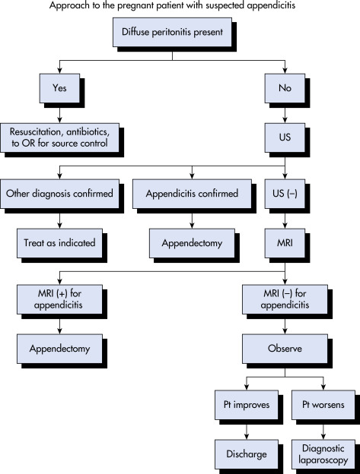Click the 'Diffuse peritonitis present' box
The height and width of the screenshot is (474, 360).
pyautogui.click(x=172, y=32)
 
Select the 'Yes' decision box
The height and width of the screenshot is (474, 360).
pyautogui.click(x=59, y=88)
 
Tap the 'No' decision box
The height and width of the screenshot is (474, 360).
pyautogui.click(x=285, y=88)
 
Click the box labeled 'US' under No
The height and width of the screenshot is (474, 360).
pyautogui.click(x=285, y=137)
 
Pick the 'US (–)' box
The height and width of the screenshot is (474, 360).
pyautogui.click(x=285, y=194)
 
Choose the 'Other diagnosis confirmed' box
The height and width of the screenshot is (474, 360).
pyautogui.click(x=59, y=194)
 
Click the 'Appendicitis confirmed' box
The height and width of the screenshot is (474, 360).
pyautogui.click(x=192, y=194)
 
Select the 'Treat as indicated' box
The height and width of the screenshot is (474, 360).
pyautogui.click(x=59, y=243)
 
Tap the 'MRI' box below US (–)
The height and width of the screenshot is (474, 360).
pyautogui.click(x=285, y=243)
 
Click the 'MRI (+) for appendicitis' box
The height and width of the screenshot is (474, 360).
pyautogui.click(x=59, y=299)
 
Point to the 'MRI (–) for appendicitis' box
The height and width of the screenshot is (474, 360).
pyautogui.click(x=285, y=299)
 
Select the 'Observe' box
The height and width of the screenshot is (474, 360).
pyautogui.click(x=285, y=349)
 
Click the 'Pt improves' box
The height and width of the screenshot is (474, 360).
pyautogui.click(x=247, y=405)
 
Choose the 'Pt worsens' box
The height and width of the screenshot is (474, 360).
pyautogui.click(x=323, y=405)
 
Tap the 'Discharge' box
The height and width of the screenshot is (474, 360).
pyautogui.click(x=247, y=454)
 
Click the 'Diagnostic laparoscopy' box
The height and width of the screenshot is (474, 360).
pyautogui.click(x=323, y=454)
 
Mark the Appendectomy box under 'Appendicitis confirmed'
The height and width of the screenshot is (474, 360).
pyautogui.click(x=192, y=243)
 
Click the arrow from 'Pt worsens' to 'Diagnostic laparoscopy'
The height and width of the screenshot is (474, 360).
pyautogui.click(x=323, y=430)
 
